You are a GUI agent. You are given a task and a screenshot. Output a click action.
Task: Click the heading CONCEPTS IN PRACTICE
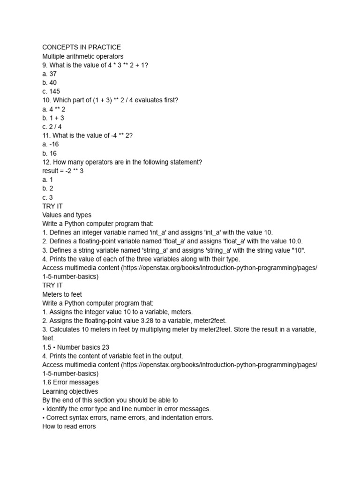pyautogui.click(x=82, y=47)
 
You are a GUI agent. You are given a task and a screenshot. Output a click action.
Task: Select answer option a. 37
pyautogui.click(x=49, y=74)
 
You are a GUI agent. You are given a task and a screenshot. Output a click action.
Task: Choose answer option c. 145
pyautogui.click(x=51, y=91)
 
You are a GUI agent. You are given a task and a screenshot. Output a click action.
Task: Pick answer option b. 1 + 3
pyautogui.click(x=53, y=118)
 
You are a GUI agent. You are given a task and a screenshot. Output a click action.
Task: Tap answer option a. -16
pyautogui.click(x=50, y=144)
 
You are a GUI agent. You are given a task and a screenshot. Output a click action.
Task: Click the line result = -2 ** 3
pyautogui.click(x=63, y=171)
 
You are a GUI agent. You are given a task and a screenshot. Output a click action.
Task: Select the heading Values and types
pyautogui.click(x=67, y=215)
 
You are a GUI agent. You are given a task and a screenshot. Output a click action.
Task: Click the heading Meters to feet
pyautogui.click(x=62, y=294)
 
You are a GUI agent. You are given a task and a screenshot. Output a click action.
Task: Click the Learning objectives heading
pyautogui.click(x=70, y=391)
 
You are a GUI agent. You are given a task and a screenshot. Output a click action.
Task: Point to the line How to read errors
pyautogui.click(x=69, y=427)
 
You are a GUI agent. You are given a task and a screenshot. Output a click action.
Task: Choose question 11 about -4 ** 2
pyautogui.click(x=88, y=135)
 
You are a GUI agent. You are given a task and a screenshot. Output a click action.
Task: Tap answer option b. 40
pyautogui.click(x=49, y=82)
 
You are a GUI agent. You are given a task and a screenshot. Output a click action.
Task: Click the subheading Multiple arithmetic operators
pyautogui.click(x=82, y=56)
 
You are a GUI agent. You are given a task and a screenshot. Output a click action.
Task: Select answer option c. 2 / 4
pyautogui.click(x=52, y=127)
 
